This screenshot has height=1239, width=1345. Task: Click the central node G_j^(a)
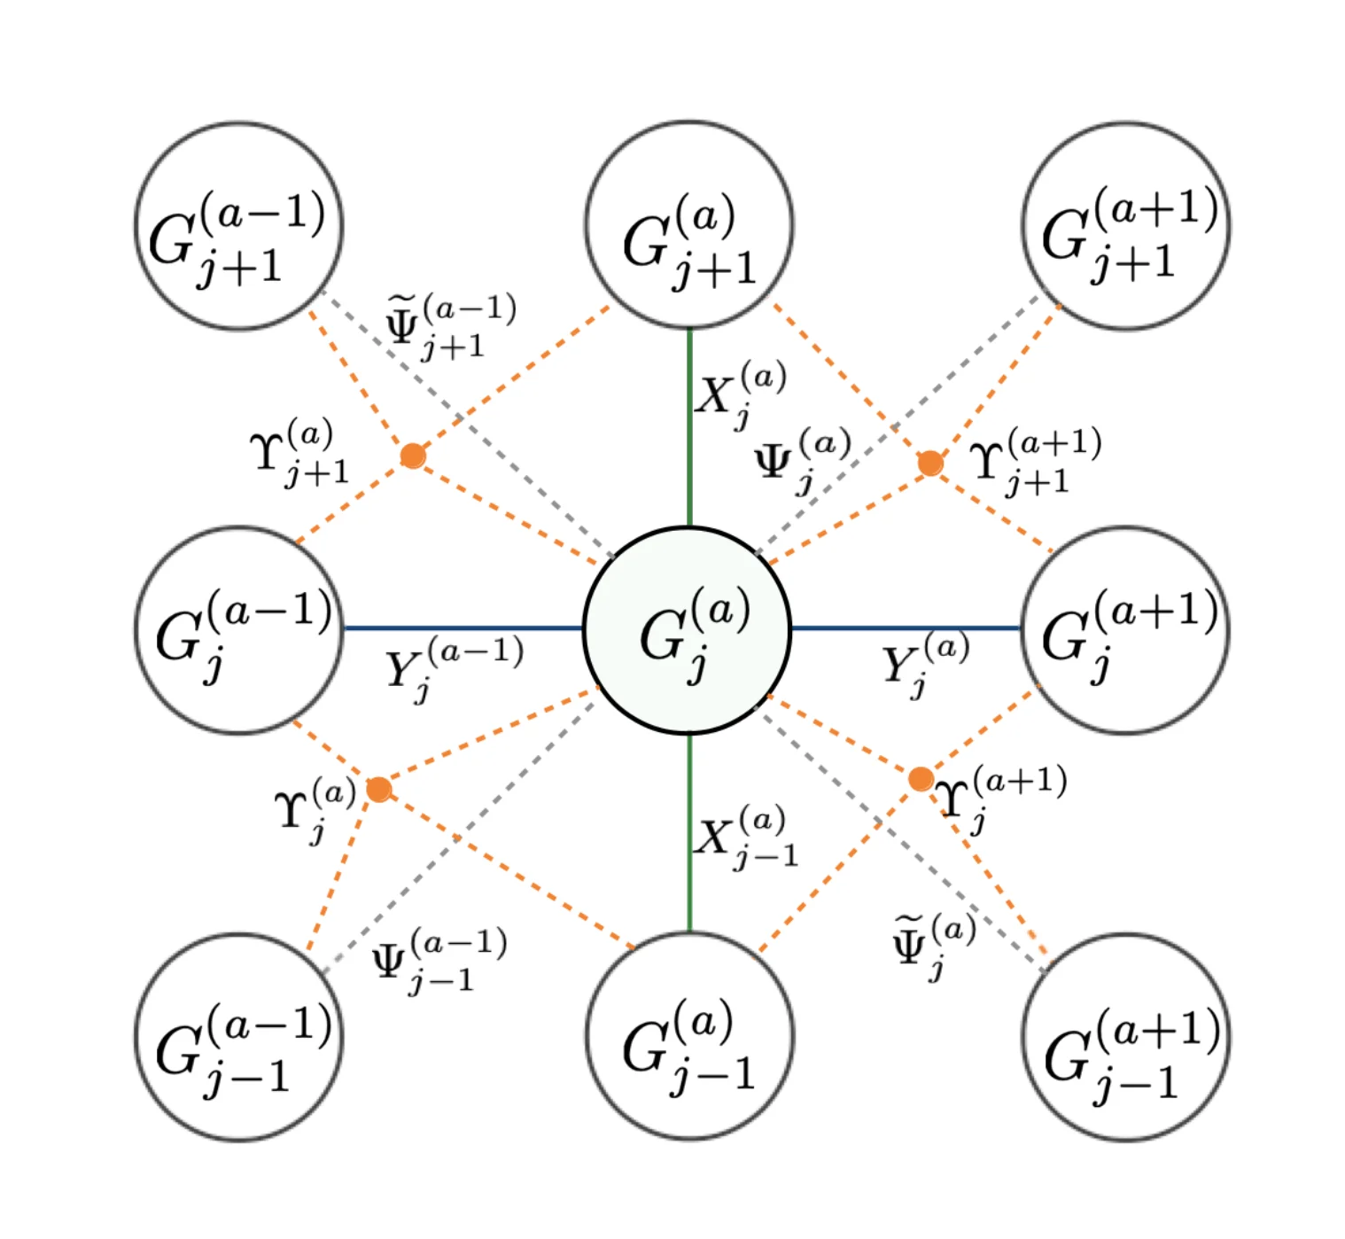688,631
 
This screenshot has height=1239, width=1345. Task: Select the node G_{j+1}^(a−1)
239,227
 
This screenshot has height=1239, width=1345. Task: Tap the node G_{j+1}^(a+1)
1126,227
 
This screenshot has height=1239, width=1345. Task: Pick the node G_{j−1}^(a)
689,1037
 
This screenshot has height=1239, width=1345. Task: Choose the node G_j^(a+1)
1126,631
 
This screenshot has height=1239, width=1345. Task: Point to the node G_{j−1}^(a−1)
239,1037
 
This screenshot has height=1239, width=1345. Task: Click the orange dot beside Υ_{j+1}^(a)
413,456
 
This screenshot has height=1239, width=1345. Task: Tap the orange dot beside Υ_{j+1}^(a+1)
930,463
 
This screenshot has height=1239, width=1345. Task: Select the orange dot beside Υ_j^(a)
379,789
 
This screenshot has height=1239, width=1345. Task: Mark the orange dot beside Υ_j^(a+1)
921,779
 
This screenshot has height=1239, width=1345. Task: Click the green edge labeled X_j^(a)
689,425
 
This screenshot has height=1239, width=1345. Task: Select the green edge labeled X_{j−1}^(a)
689,833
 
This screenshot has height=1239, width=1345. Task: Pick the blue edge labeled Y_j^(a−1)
461,628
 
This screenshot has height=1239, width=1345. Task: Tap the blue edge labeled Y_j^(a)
904,628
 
